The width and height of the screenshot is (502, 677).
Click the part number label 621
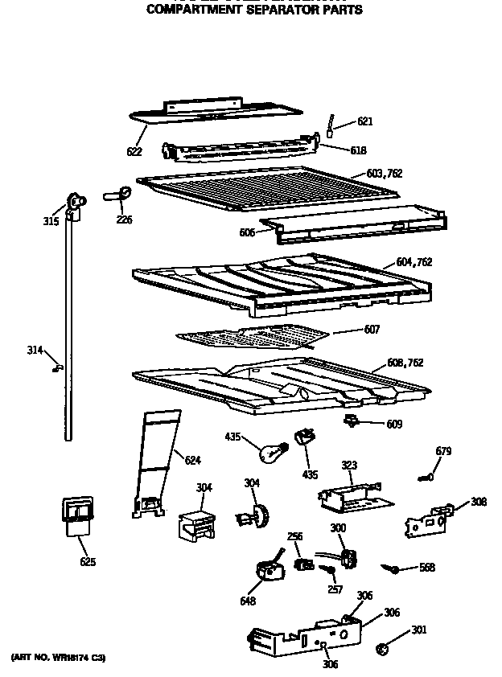(x=364, y=122)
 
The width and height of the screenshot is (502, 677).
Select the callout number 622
(x=134, y=151)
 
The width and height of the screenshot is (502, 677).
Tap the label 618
(x=358, y=150)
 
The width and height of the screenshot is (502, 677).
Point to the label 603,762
(x=384, y=174)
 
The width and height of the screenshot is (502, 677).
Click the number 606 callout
(x=247, y=233)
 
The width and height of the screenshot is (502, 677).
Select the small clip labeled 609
(x=351, y=421)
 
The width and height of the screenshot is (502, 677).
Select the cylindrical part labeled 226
(x=121, y=193)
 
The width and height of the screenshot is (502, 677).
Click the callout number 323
(x=349, y=466)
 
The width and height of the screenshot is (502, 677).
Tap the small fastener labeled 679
(x=426, y=478)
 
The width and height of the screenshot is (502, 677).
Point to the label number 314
(x=35, y=350)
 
